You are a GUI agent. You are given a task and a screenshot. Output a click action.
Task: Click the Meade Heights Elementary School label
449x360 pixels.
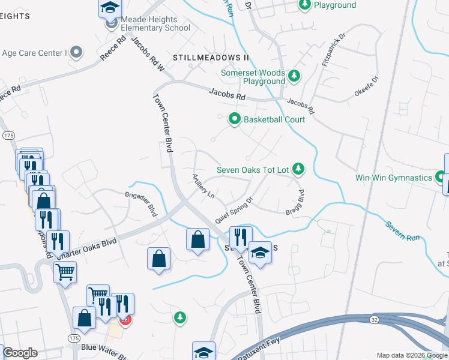coord(155,23)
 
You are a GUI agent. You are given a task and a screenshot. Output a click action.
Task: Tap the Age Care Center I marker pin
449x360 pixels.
coord(76,52)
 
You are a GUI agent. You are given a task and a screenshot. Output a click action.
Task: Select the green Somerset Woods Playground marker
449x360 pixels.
coord(294,76)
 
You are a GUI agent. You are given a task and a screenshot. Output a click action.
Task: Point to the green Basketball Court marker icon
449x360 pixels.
coord(235,120)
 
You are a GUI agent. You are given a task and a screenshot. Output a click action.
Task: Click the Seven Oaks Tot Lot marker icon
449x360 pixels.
coord(298,170)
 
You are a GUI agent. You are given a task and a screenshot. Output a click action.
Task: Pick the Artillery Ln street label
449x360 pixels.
coord(203,186)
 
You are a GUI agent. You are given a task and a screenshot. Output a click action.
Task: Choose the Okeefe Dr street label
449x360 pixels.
coord(367,86)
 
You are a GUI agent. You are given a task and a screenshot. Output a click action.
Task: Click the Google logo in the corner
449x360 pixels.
coord(20,353)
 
